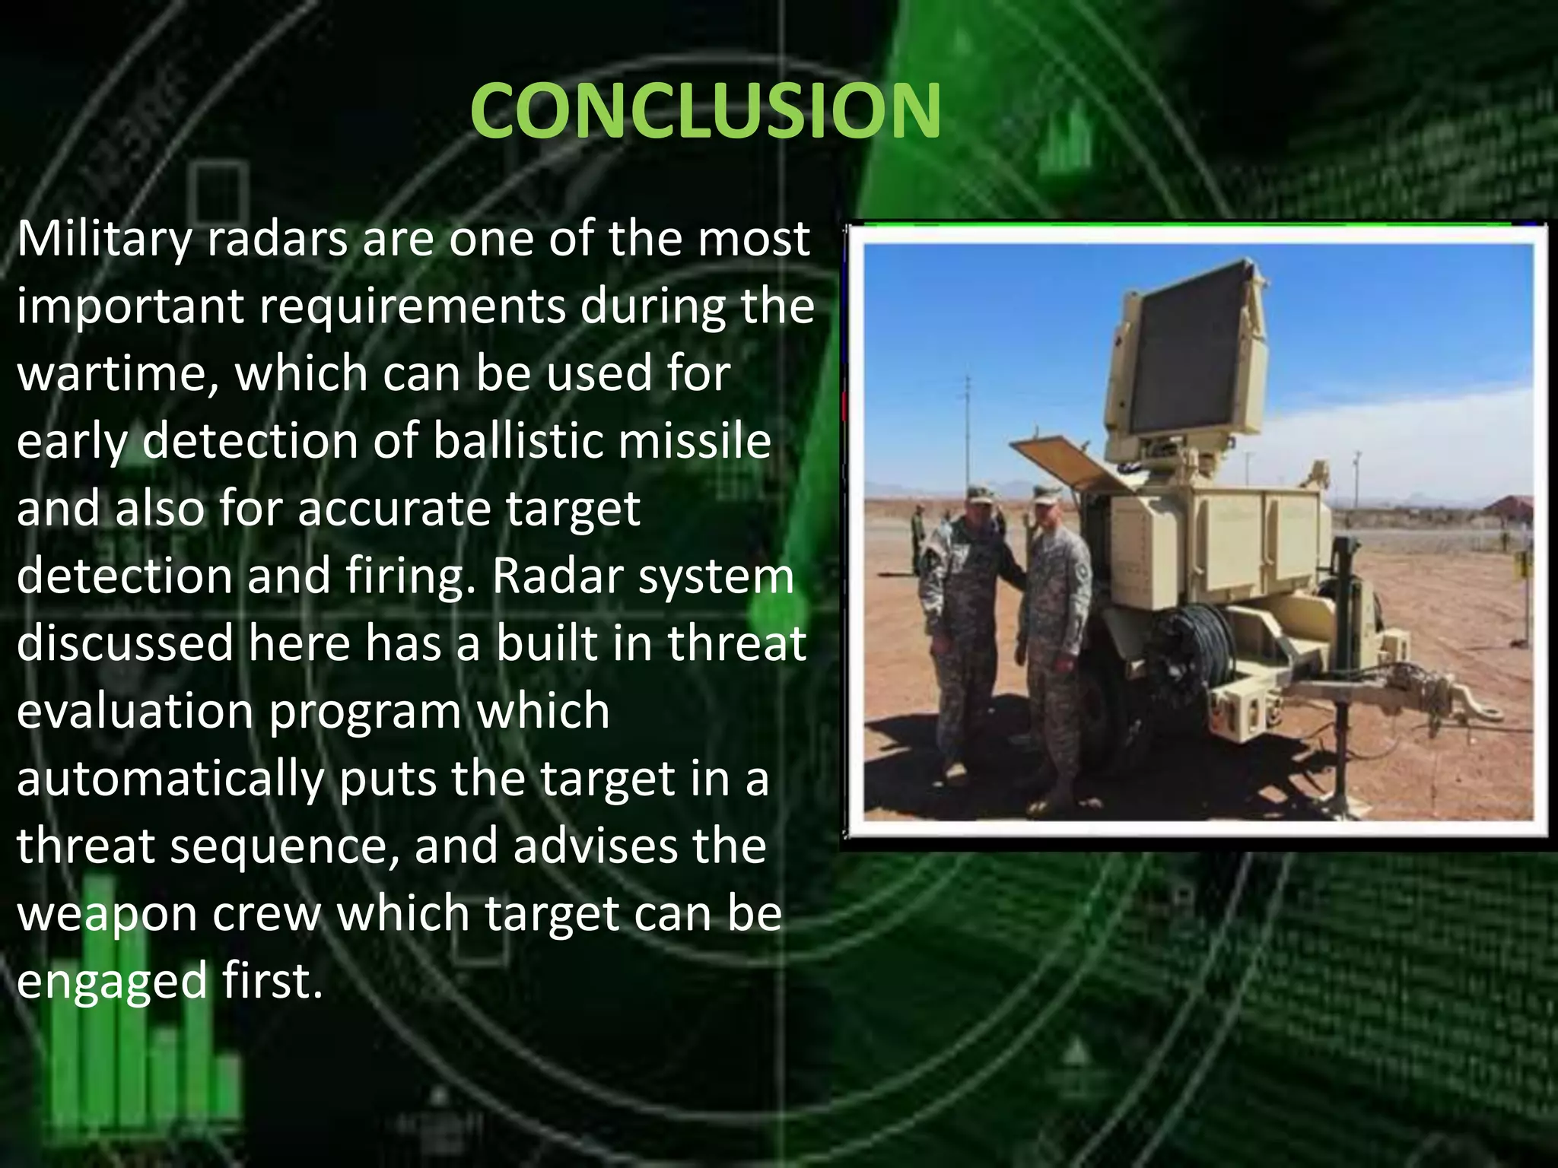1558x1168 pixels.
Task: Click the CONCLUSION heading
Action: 705,111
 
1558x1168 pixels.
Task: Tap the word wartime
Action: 117,375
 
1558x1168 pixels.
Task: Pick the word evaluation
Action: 135,712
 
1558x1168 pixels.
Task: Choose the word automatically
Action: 170,780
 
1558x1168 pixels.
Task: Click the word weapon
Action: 106,915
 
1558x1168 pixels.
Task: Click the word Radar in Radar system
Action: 556,576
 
